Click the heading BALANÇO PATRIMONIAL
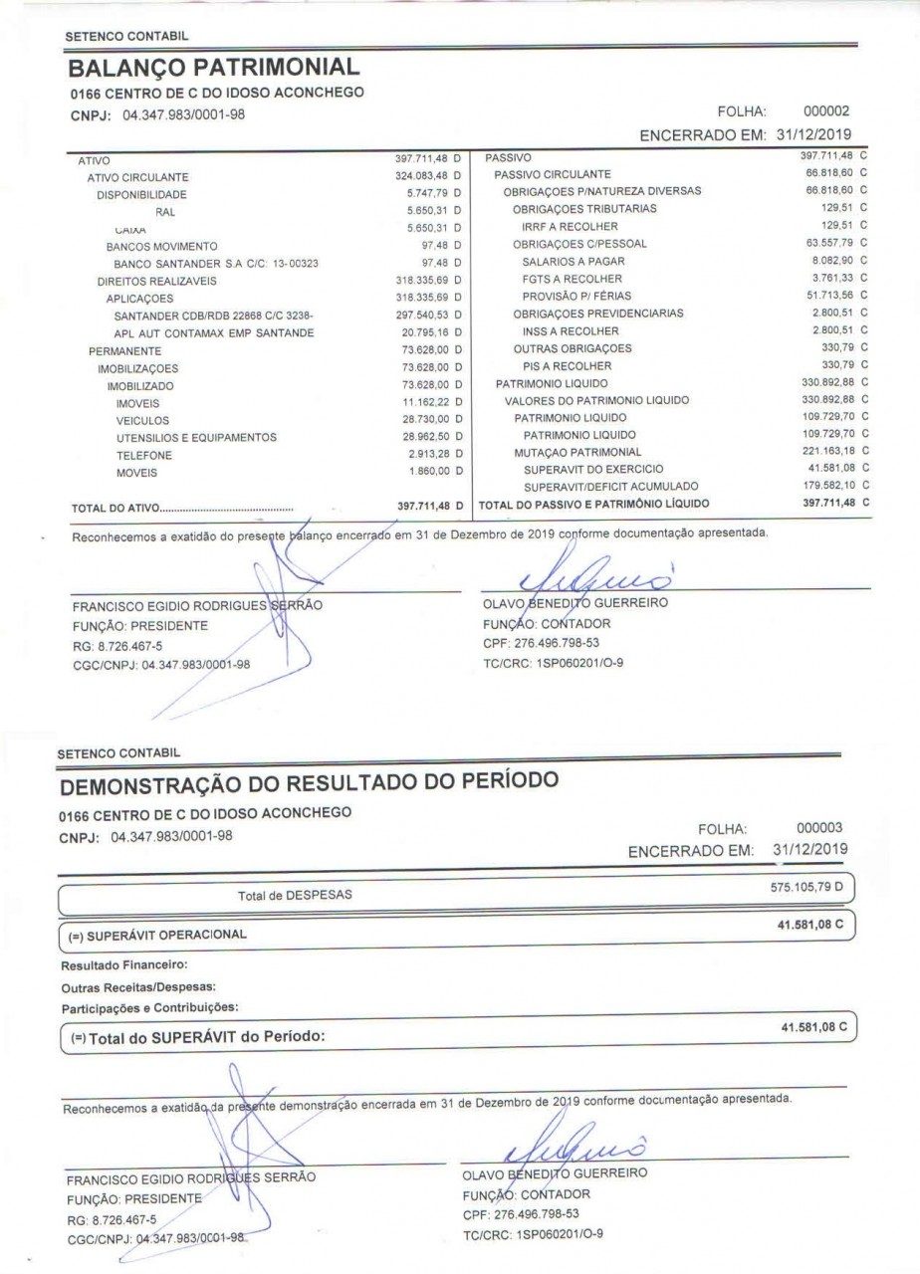pos(213,68)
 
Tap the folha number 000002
pos(826,111)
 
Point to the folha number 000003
pos(819,827)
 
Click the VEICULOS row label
pos(142,421)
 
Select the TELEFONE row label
pos(143,455)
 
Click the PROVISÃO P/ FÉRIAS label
pos(576,296)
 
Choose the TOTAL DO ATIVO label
pos(115,508)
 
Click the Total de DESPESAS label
pos(294,895)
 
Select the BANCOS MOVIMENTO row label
pos(161,246)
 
